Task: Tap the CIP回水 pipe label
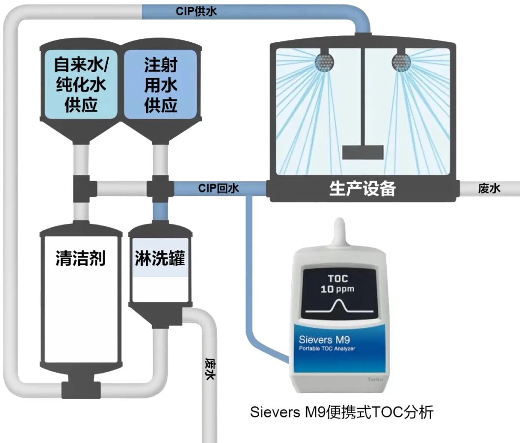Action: [x=218, y=188]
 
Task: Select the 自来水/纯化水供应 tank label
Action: [x=81, y=85]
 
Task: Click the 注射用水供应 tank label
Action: [x=160, y=85]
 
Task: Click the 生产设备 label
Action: [x=362, y=189]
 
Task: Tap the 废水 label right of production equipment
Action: [x=489, y=189]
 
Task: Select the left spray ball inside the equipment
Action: [x=325, y=61]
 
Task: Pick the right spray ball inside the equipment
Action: [x=401, y=61]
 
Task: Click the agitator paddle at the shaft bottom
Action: [x=363, y=152]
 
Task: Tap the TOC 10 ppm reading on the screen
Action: [x=337, y=284]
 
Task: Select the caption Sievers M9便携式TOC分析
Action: [x=341, y=412]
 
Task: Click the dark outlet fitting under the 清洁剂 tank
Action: [x=78, y=387]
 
